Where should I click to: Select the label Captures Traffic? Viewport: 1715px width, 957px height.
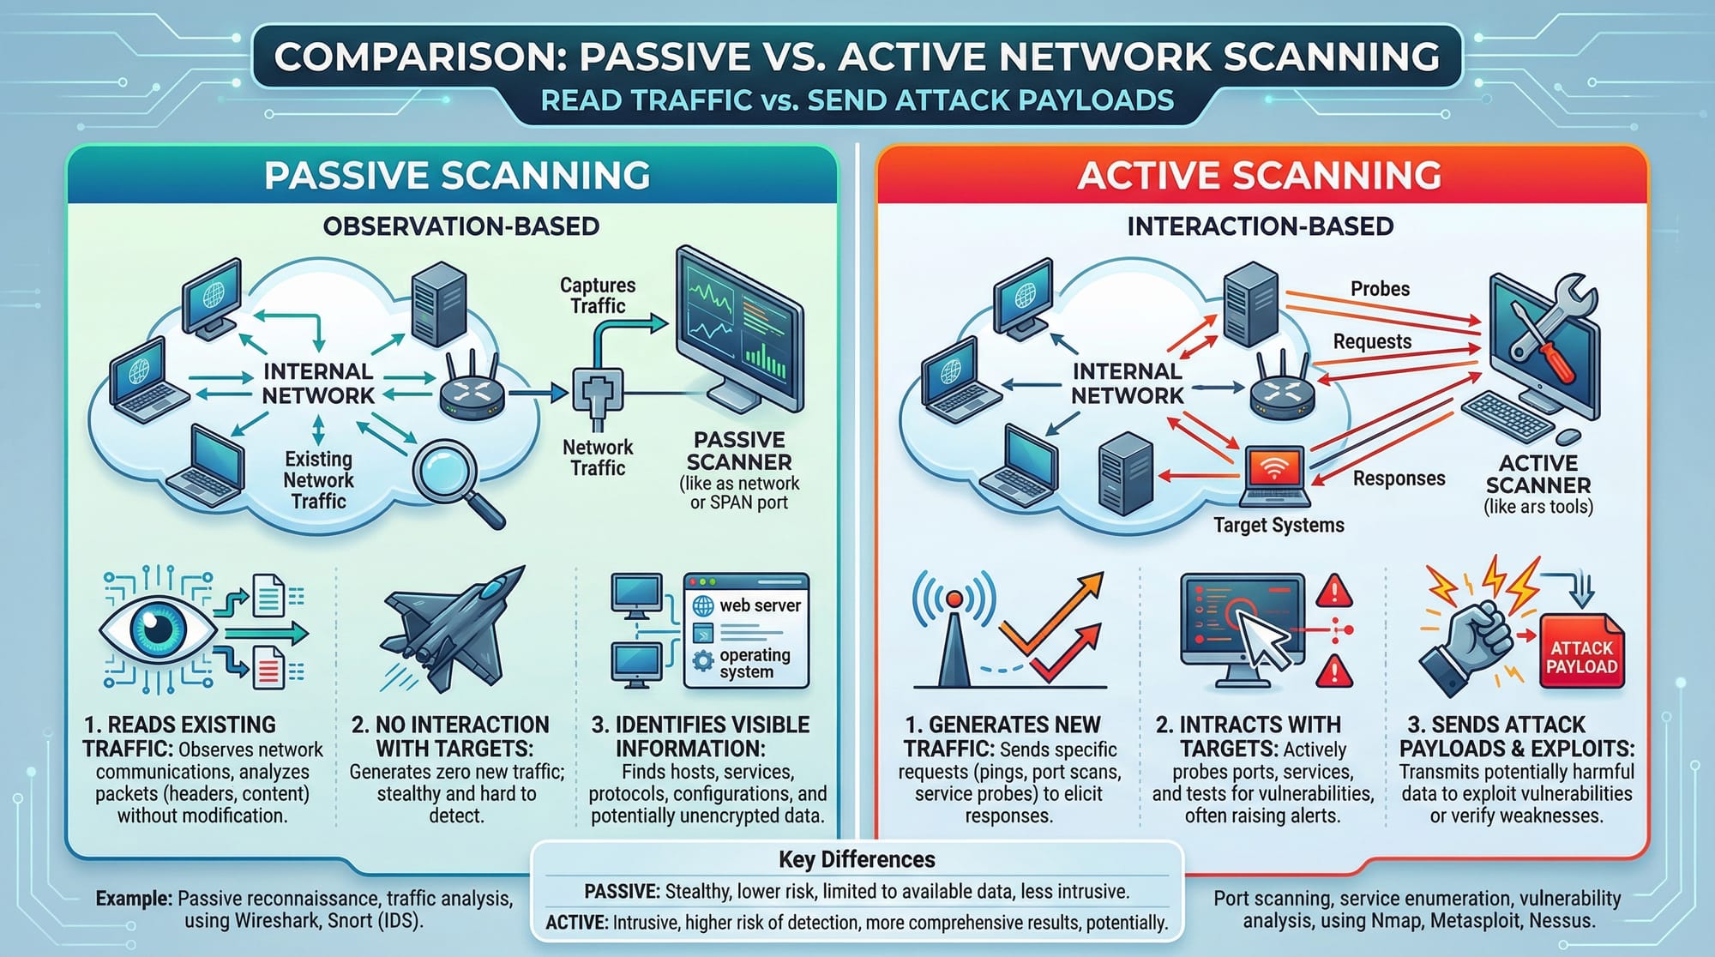[598, 295]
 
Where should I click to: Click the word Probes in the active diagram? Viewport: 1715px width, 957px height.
[1380, 289]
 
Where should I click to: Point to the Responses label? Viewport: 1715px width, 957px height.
[1399, 478]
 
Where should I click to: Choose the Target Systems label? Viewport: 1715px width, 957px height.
[1279, 525]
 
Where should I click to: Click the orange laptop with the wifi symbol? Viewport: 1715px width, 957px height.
[1275, 477]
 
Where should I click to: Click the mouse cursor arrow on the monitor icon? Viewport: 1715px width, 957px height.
[1266, 641]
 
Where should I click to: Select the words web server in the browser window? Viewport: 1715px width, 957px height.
[759, 605]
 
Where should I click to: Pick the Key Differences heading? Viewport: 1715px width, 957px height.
[856, 859]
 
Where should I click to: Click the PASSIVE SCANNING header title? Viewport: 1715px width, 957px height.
[456, 176]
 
